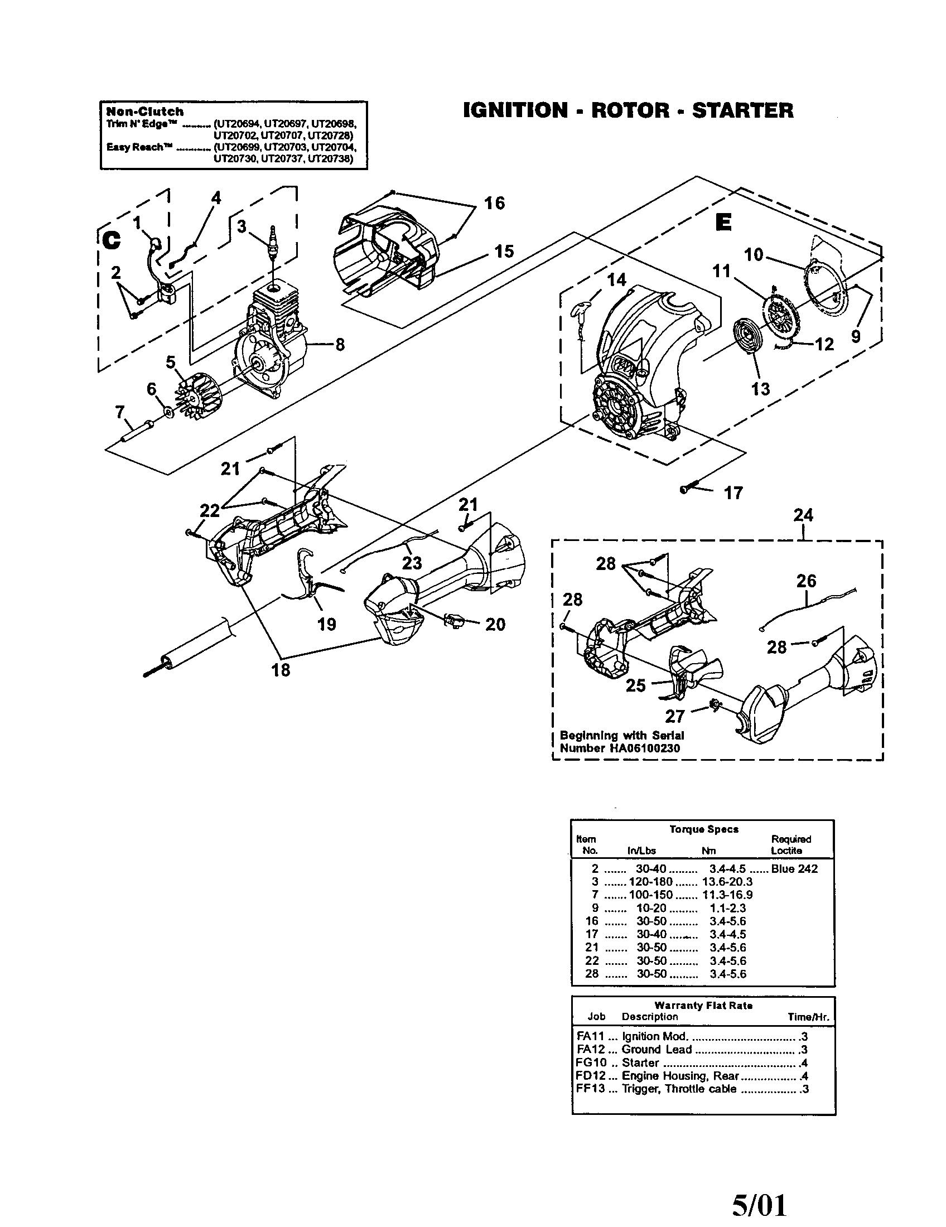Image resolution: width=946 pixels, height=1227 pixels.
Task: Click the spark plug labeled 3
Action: point(273,245)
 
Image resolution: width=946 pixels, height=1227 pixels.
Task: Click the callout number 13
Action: point(760,389)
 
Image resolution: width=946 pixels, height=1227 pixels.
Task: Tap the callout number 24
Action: point(803,515)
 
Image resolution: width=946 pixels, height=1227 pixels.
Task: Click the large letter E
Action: point(723,223)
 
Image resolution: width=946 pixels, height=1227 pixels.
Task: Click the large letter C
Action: point(111,240)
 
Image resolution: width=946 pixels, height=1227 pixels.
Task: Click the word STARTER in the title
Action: point(742,110)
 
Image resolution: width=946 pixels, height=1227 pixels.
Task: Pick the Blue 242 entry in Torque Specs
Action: point(794,868)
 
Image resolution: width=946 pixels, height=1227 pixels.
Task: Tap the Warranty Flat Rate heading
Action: point(703,1005)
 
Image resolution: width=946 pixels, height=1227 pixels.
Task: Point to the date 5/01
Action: point(759,1204)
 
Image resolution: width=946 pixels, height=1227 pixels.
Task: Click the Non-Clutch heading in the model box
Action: point(145,111)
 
